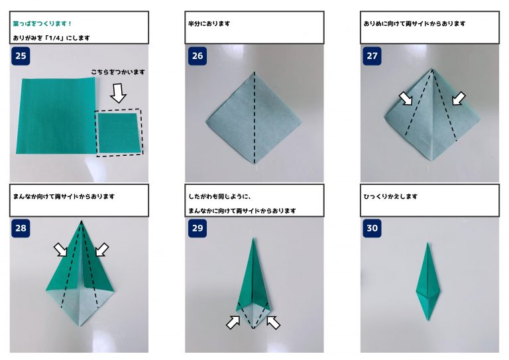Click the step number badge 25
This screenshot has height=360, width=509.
[21, 56]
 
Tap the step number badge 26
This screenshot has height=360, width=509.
[198, 56]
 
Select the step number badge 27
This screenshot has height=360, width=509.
[372, 56]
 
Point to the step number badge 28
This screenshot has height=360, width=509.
[21, 228]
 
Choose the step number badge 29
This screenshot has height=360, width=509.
[198, 228]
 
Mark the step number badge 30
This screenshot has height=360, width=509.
[372, 228]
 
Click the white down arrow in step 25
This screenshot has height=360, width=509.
[118, 93]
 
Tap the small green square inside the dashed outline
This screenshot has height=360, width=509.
[119, 133]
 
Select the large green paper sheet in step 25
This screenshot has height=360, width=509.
[56, 115]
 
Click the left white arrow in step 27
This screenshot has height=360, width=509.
[406, 98]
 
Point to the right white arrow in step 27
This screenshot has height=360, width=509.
[459, 98]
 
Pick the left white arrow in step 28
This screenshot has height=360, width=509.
[60, 250]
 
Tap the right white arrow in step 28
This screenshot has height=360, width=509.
[102, 250]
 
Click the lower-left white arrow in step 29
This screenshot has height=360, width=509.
[233, 322]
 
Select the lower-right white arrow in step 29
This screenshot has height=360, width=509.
[273, 322]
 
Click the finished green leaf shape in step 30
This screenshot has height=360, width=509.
[428, 282]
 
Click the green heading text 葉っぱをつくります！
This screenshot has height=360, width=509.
[42, 24]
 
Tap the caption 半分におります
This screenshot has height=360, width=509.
[209, 24]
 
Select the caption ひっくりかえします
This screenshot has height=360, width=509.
[390, 196]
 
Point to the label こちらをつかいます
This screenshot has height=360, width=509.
[118, 72]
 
